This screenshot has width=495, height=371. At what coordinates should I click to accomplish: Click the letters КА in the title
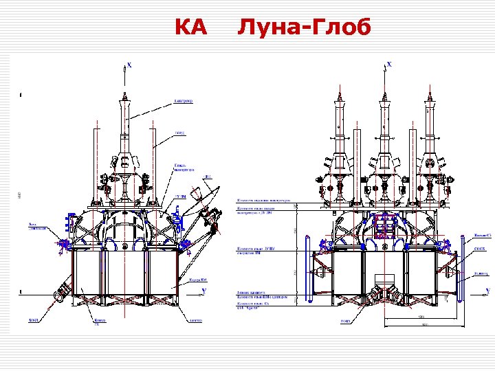(190, 27)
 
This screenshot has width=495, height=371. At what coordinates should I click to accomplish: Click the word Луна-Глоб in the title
(305, 27)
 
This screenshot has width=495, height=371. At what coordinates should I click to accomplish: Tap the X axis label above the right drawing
(390, 64)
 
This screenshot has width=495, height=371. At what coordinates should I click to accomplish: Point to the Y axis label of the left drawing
(204, 291)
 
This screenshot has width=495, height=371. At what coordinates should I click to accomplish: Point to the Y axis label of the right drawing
(487, 292)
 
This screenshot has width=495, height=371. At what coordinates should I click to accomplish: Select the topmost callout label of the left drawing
(184, 101)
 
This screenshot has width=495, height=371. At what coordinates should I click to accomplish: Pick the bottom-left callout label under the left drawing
(33, 320)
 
